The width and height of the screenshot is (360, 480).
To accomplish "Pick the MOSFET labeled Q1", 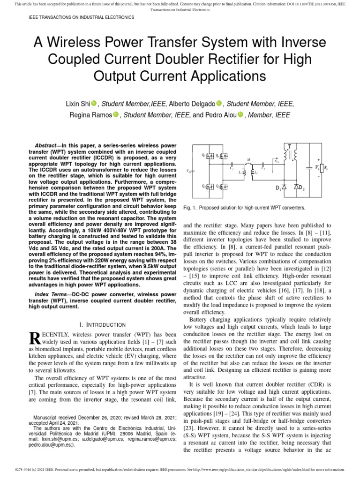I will [x=211, y=156].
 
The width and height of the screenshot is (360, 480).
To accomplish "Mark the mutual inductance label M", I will [x=248, y=160].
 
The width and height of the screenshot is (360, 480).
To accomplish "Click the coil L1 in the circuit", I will [x=244, y=172].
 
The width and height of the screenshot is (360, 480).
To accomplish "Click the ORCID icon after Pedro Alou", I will [x=241, y=115].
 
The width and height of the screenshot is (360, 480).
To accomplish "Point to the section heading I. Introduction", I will [x=103, y=324].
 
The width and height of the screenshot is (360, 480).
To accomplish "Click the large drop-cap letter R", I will [x=34, y=339].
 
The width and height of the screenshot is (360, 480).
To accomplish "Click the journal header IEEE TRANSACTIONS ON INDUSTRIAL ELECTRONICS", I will [x=75, y=17].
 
